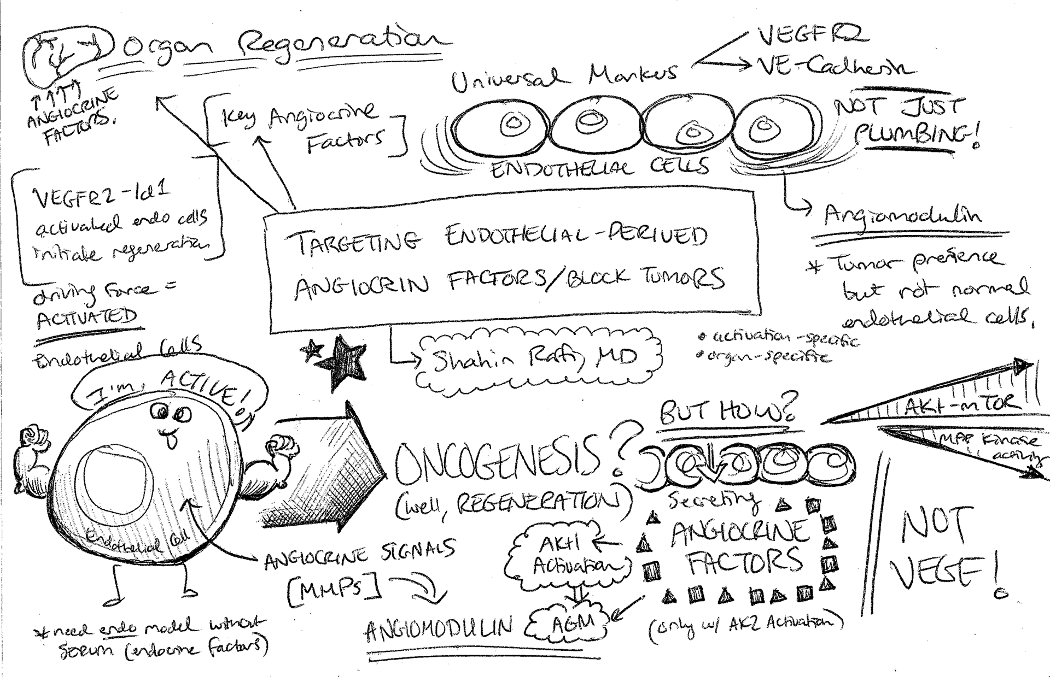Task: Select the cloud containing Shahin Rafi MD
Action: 539,358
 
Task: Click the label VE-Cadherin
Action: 834,67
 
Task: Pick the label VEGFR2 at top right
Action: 812,34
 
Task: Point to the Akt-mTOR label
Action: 962,404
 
